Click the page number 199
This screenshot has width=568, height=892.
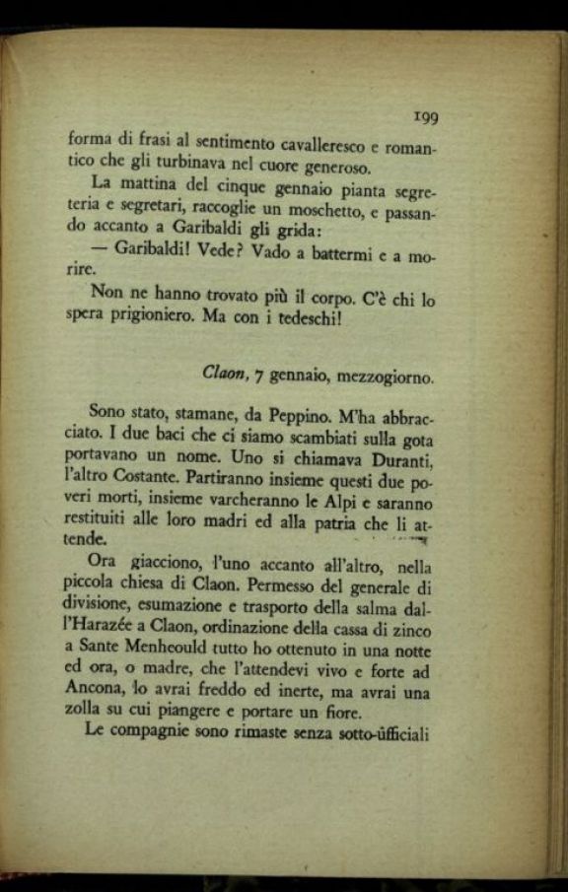coord(425,116)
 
